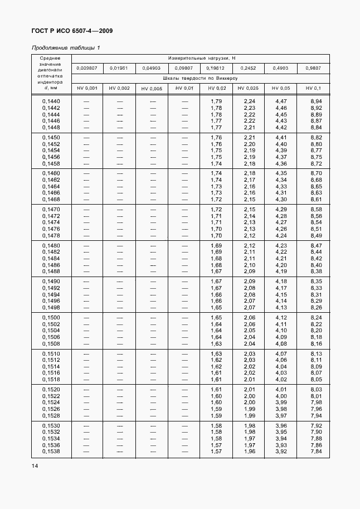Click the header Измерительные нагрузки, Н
click(x=203, y=58)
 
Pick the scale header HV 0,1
click(x=314, y=88)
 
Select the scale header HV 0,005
click(x=152, y=88)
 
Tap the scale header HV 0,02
click(x=217, y=88)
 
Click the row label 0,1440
click(x=51, y=101)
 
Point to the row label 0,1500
click(x=51, y=317)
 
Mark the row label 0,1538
click(x=51, y=452)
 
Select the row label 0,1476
click(x=51, y=229)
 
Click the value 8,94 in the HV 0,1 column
click(x=316, y=101)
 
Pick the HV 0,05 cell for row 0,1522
click(x=281, y=396)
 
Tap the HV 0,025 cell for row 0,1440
click(x=249, y=101)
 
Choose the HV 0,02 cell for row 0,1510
click(x=216, y=353)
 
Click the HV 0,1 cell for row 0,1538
click(x=316, y=452)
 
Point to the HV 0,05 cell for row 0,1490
click(x=281, y=281)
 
